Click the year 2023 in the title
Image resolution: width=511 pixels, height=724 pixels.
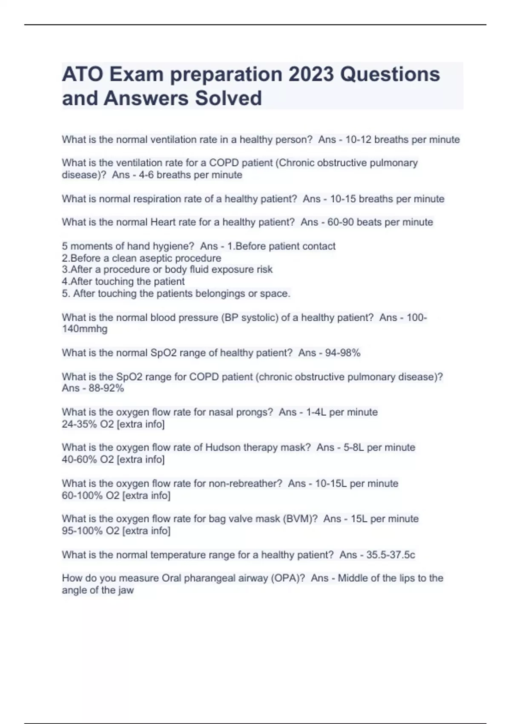[x=311, y=74]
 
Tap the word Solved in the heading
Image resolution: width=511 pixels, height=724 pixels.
[x=228, y=98]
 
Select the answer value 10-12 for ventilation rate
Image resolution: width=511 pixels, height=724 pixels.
[x=358, y=140]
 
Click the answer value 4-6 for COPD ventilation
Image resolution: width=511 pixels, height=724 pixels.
[x=146, y=175]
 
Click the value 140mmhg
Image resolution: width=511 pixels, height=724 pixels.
[x=84, y=329]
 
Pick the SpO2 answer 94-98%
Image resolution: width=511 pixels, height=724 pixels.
[x=343, y=353]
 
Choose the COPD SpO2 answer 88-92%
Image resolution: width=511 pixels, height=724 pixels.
[x=106, y=388]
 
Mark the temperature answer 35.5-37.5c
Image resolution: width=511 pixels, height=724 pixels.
[x=390, y=555]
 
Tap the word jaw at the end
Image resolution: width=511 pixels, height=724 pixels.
[x=126, y=591]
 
